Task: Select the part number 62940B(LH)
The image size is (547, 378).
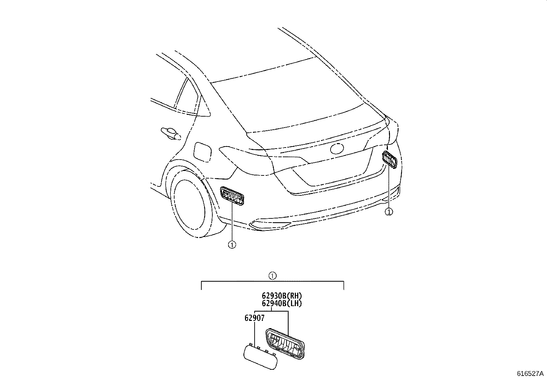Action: [282, 303]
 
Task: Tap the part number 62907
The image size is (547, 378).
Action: [255, 318]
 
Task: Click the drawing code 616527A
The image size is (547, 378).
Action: [531, 374]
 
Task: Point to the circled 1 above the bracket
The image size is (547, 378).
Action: [272, 276]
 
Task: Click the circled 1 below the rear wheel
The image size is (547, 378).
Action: [232, 245]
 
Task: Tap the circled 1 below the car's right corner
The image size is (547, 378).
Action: [389, 212]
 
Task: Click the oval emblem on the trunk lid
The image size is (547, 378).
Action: [336, 149]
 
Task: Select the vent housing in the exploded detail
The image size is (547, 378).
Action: [285, 344]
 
